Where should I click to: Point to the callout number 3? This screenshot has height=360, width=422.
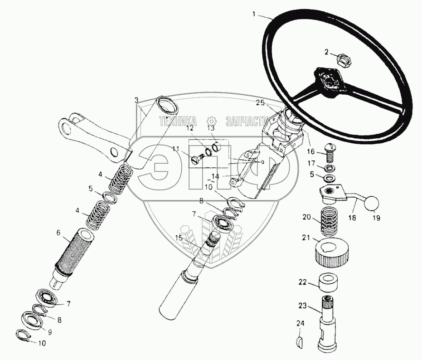pyautogui.click(x=136, y=99)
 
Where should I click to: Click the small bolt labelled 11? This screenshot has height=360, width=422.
pyautogui.click(x=195, y=159)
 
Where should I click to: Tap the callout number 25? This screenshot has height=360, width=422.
pyautogui.click(x=260, y=103)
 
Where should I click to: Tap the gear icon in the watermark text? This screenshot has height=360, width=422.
pyautogui.click(x=210, y=122)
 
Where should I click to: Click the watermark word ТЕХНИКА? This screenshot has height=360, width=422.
pyautogui.click(x=177, y=121)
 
